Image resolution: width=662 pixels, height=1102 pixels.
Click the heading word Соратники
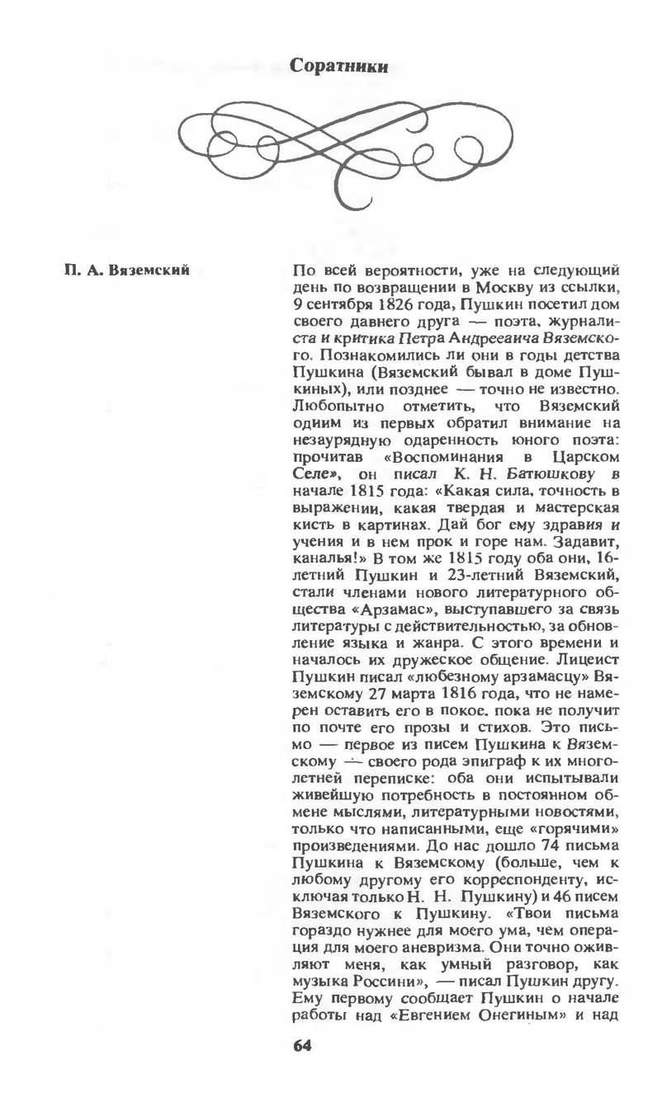pos(338,67)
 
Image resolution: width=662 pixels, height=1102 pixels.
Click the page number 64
pos(303,1046)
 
